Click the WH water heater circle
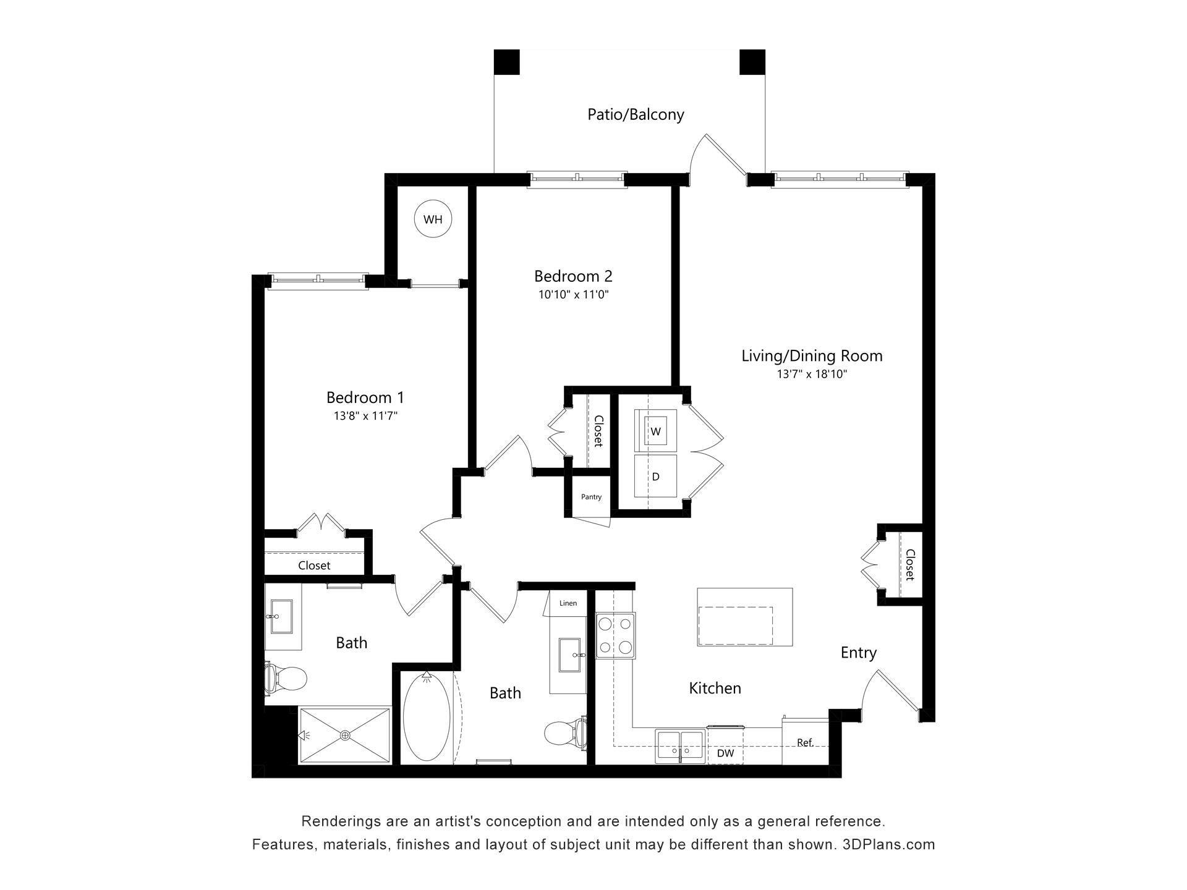pos(433,219)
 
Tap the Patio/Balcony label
pos(636,114)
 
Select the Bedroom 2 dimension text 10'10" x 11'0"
pos(574,295)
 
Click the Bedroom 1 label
pos(365,397)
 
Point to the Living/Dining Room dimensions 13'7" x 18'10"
pos(812,374)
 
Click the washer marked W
pos(655,431)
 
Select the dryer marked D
pos(655,477)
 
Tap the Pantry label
pos(591,497)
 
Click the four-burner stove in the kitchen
pos(616,635)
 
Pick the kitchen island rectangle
pos(745,617)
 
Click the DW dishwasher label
pos(725,753)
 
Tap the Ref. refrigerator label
pos(805,743)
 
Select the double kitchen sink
pos(681,745)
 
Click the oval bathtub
pos(427,717)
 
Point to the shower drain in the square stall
pos(345,735)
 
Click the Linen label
pos(568,603)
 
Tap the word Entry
pos(859,653)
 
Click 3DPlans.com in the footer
pos(888,844)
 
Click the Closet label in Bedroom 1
pos(314,566)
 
